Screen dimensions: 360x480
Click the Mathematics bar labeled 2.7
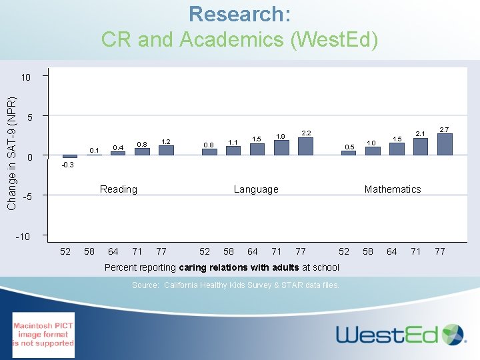[444, 145]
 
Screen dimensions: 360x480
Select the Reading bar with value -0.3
[70, 157]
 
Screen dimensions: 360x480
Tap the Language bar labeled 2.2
[305, 147]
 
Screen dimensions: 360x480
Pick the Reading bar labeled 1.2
[166, 151]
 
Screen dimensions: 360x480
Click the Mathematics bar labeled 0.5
[348, 153]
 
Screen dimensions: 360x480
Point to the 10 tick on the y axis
[25, 77]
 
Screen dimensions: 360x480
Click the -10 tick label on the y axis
[23, 236]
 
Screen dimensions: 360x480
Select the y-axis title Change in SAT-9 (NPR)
[11, 153]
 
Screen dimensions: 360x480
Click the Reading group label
[118, 189]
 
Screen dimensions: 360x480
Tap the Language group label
[256, 189]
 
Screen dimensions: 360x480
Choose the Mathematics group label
[393, 189]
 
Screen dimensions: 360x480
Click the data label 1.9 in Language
[281, 136]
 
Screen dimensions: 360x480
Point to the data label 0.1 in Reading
[94, 150]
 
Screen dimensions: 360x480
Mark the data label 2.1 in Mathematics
[421, 134]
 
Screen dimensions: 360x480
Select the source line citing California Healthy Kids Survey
[235, 285]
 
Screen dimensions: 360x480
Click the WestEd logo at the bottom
[400, 333]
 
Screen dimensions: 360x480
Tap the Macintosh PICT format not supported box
[43, 335]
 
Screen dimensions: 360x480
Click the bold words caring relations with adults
[239, 267]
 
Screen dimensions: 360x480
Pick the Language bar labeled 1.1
[233, 151]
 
